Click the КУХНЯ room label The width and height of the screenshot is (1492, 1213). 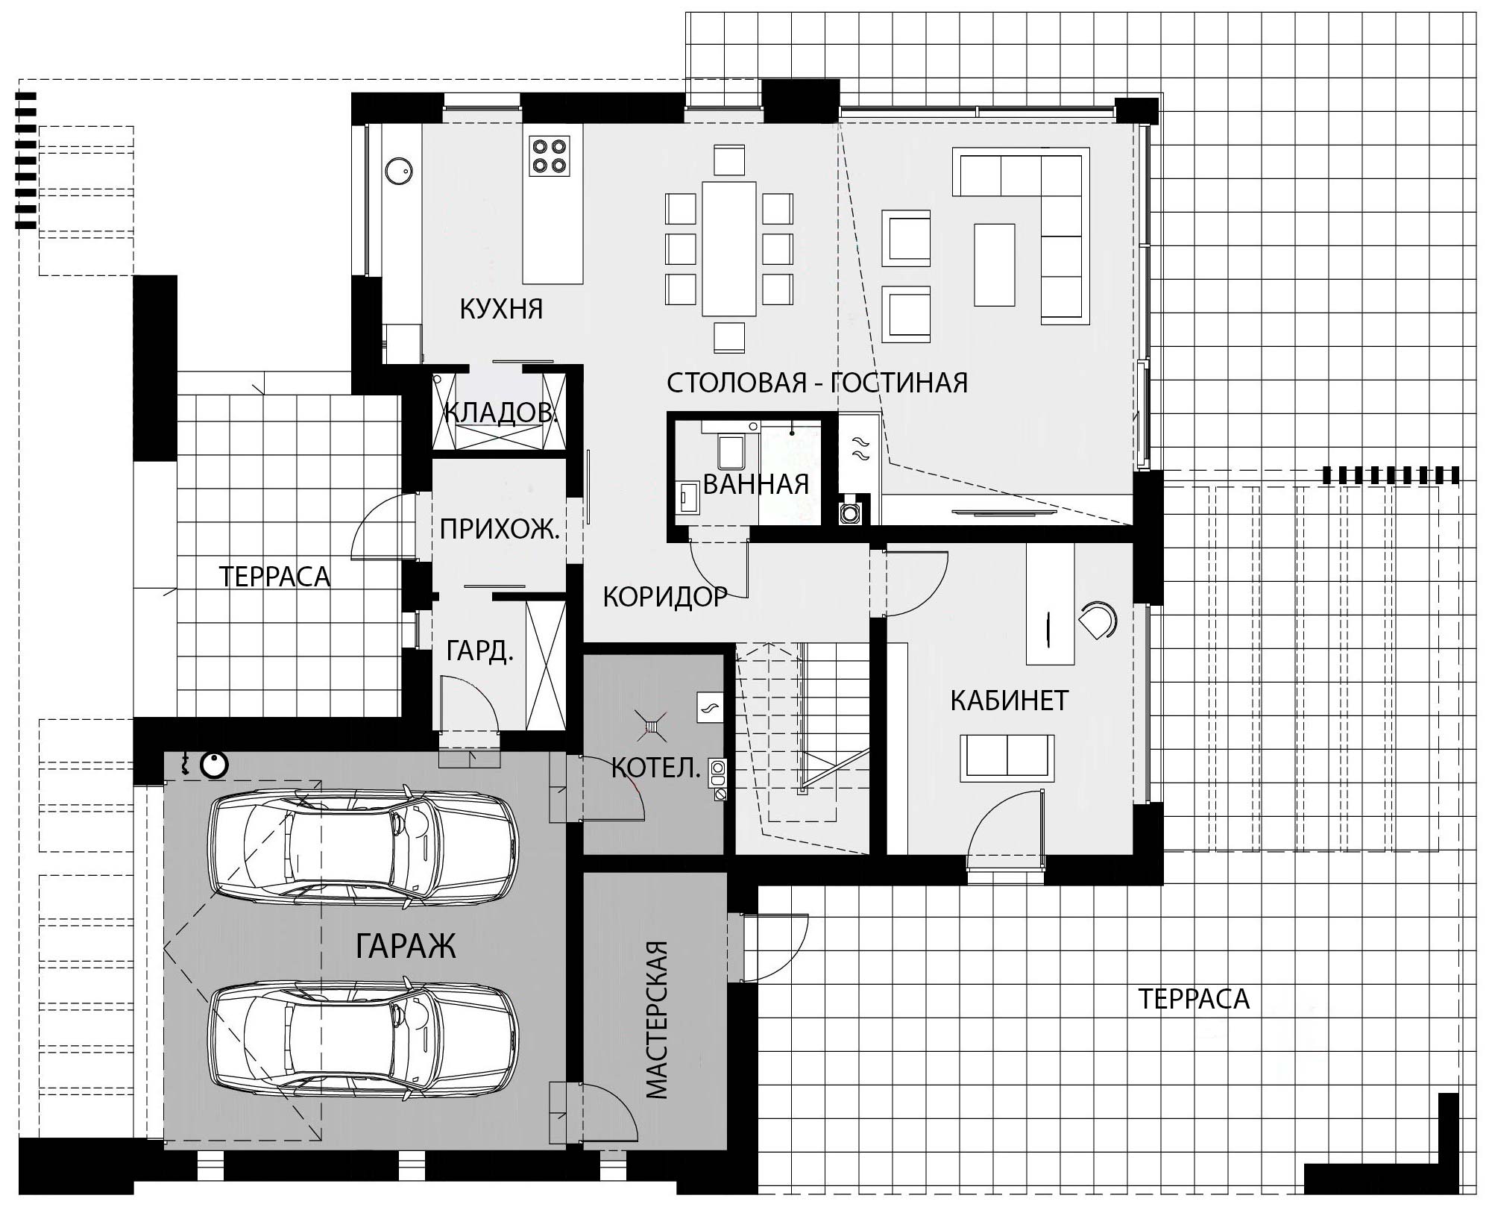[501, 309]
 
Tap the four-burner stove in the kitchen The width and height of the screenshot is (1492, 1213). [550, 156]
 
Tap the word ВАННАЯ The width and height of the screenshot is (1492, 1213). [755, 485]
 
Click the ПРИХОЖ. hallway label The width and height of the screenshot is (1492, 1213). [500, 530]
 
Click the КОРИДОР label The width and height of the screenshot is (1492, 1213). [665, 597]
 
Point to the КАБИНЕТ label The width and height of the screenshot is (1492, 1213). [1010, 701]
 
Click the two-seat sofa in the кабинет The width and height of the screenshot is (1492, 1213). [1007, 757]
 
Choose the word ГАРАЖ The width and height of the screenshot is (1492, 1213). [405, 946]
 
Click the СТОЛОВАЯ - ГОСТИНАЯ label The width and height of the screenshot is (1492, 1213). [817, 383]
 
